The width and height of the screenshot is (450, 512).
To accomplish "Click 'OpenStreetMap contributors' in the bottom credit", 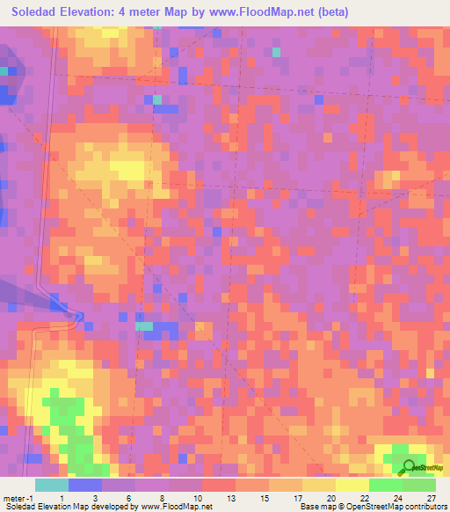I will (x=397, y=506).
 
